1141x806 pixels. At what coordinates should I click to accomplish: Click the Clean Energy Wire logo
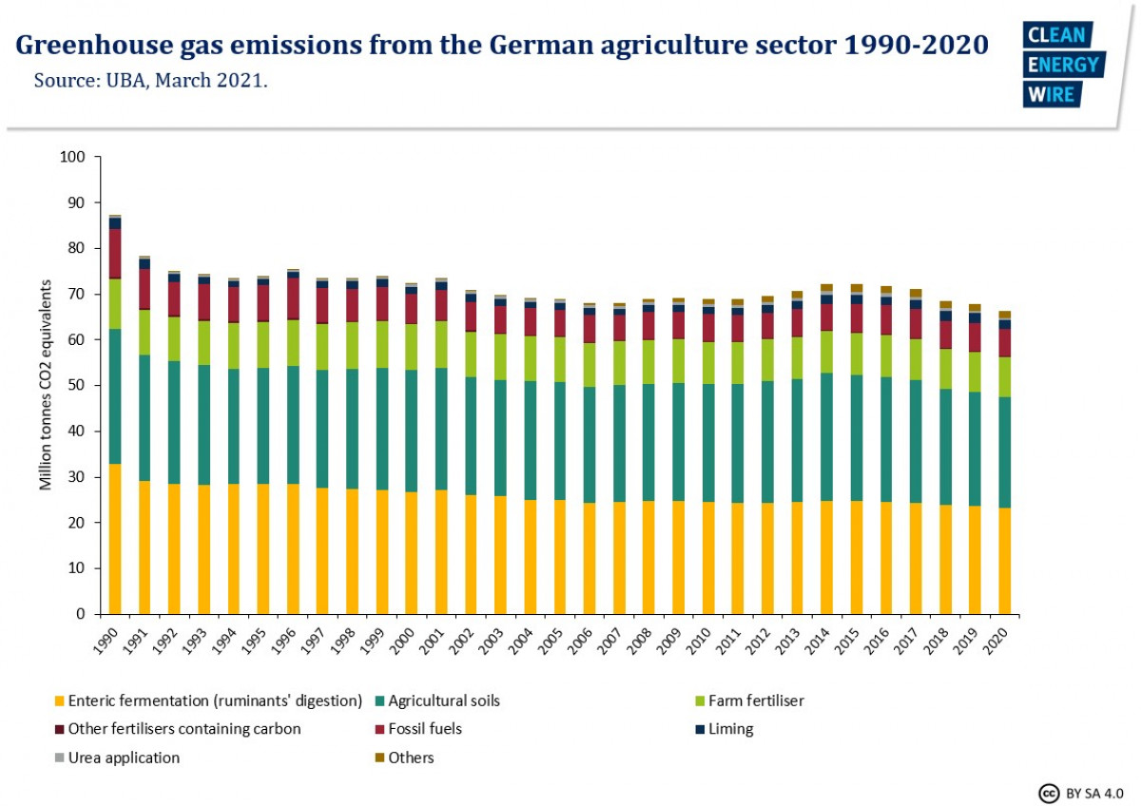(1062, 64)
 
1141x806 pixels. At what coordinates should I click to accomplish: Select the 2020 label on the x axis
(997, 637)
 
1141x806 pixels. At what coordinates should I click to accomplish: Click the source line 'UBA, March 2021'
(150, 80)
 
